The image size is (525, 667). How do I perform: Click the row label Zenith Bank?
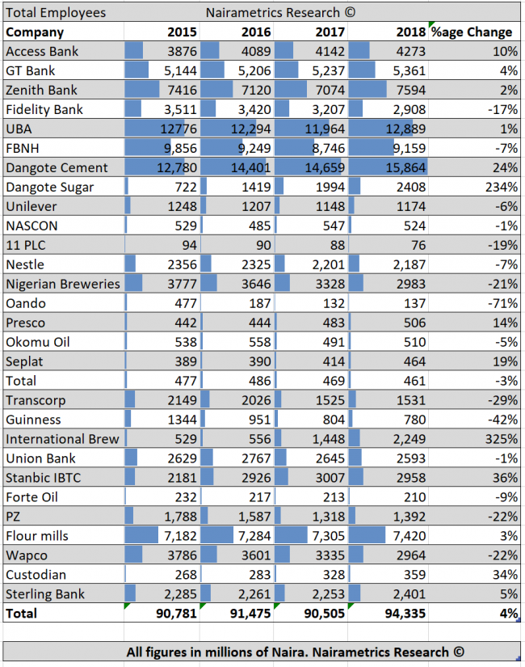coord(42,90)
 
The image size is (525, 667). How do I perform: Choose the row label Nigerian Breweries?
coord(62,284)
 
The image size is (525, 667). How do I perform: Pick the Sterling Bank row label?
coord(47,594)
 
